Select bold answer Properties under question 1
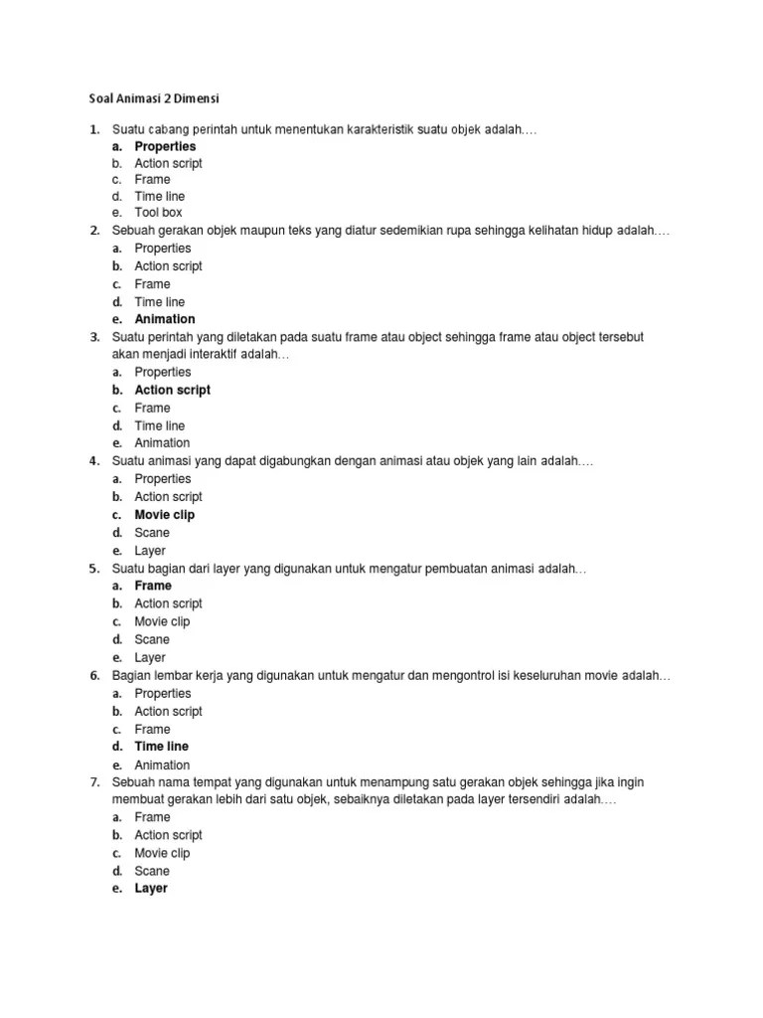[165, 146]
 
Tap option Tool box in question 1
[158, 213]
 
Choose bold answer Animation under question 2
[165, 319]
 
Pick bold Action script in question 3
[172, 390]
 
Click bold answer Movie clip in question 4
[165, 515]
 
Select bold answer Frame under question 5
[153, 586]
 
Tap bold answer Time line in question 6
[161, 746]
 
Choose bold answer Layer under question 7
[151, 888]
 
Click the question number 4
[93, 461]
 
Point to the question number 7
[93, 782]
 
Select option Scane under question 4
[152, 533]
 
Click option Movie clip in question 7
[162, 853]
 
